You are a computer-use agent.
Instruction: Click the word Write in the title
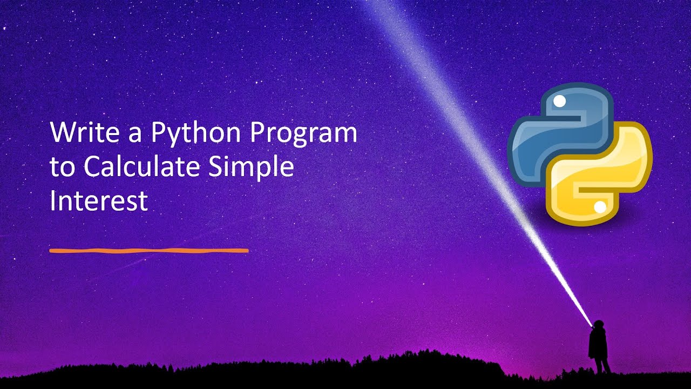pyautogui.click(x=85, y=133)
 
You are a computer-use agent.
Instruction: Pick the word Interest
pyautogui.click(x=99, y=201)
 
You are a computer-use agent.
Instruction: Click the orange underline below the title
pyautogui.click(x=148, y=251)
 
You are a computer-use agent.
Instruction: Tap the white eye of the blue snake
pyautogui.click(x=560, y=101)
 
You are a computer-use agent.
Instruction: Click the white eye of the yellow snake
pyautogui.click(x=599, y=207)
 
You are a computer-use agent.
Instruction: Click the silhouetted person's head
pyautogui.click(x=598, y=325)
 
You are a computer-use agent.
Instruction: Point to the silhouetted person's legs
pyautogui.click(x=602, y=364)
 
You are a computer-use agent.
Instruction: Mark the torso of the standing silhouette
pyautogui.click(x=598, y=343)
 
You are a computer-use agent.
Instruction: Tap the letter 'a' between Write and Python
pyautogui.click(x=135, y=135)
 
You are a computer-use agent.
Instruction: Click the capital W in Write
pyautogui.click(x=62, y=133)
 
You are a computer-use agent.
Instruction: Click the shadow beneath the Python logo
pyautogui.click(x=588, y=222)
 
